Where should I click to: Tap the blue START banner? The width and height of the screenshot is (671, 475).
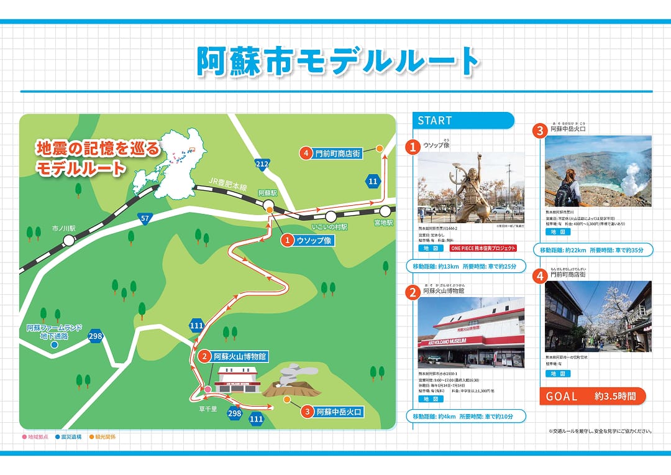pos(463,121)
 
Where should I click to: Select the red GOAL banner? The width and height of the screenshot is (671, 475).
pos(592,396)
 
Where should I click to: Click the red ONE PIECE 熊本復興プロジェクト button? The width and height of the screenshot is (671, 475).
pos(483,248)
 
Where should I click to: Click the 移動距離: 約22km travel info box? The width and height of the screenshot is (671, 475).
pos(593,250)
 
